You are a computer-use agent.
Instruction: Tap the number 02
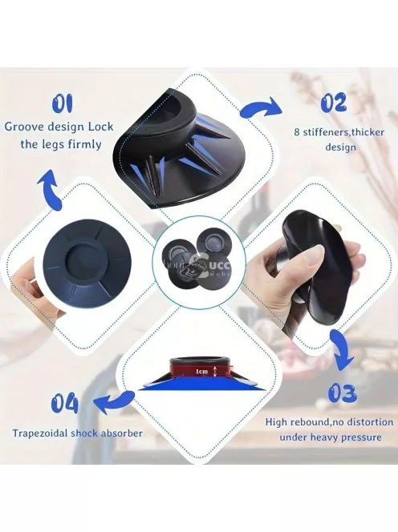tap(334, 103)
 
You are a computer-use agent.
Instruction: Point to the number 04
tap(66, 404)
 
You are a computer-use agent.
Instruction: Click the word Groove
tap(26, 127)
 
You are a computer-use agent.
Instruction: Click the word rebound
tap(309, 422)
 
